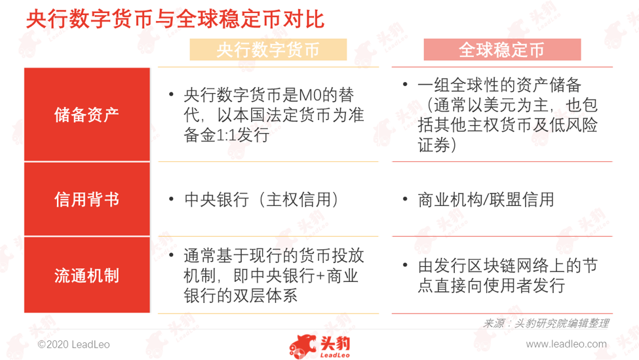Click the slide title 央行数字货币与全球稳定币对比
click(175, 19)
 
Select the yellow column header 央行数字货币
click(268, 50)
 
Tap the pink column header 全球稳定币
click(502, 50)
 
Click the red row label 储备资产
click(87, 115)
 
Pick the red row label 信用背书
click(87, 199)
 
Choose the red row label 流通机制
click(87, 275)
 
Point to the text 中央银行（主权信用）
click(261, 200)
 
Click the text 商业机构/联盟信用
click(486, 200)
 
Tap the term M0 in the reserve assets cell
click(310, 95)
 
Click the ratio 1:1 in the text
click(226, 135)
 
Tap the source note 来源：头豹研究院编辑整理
click(546, 324)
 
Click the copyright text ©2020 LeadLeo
click(74, 344)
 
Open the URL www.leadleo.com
click(566, 344)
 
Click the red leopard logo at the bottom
click(302, 346)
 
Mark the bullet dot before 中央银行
click(171, 199)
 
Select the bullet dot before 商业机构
click(404, 199)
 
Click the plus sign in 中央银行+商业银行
click(320, 276)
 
